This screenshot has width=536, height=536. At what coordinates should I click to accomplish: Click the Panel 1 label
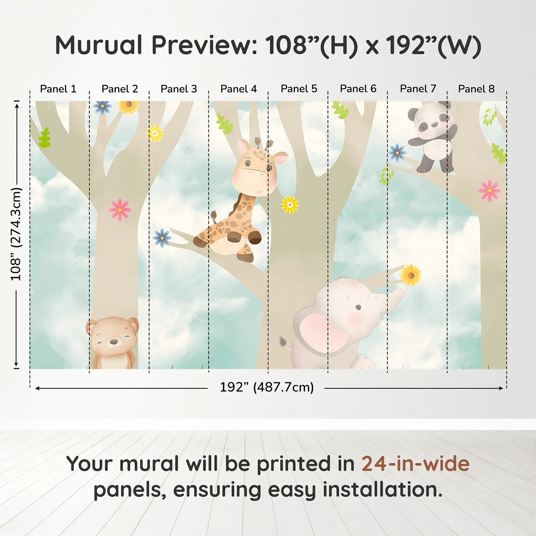click(x=58, y=89)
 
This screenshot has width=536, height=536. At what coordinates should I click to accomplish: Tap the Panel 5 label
click(x=299, y=89)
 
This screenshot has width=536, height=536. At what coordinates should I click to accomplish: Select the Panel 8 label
click(x=476, y=89)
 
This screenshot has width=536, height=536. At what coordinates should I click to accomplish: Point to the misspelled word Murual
click(x=99, y=45)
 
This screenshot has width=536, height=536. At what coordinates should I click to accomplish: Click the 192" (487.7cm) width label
click(x=266, y=387)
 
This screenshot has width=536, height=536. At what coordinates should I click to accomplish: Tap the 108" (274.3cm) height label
click(x=16, y=234)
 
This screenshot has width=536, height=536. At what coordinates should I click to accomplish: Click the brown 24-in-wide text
click(x=415, y=464)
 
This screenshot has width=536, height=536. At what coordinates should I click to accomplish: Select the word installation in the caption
click(x=382, y=490)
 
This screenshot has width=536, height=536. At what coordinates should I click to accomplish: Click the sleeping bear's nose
click(x=113, y=340)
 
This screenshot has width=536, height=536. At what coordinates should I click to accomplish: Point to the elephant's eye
click(x=358, y=307)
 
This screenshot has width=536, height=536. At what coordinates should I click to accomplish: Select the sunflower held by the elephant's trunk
click(x=411, y=275)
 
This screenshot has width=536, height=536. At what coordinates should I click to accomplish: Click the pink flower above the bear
click(x=120, y=209)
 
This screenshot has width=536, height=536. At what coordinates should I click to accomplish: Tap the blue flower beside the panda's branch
click(x=397, y=153)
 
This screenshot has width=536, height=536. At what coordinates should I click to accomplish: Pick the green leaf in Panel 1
click(x=45, y=138)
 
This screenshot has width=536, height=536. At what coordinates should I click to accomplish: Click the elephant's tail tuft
click(x=284, y=340)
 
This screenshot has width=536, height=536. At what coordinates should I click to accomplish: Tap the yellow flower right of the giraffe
click(x=290, y=205)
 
